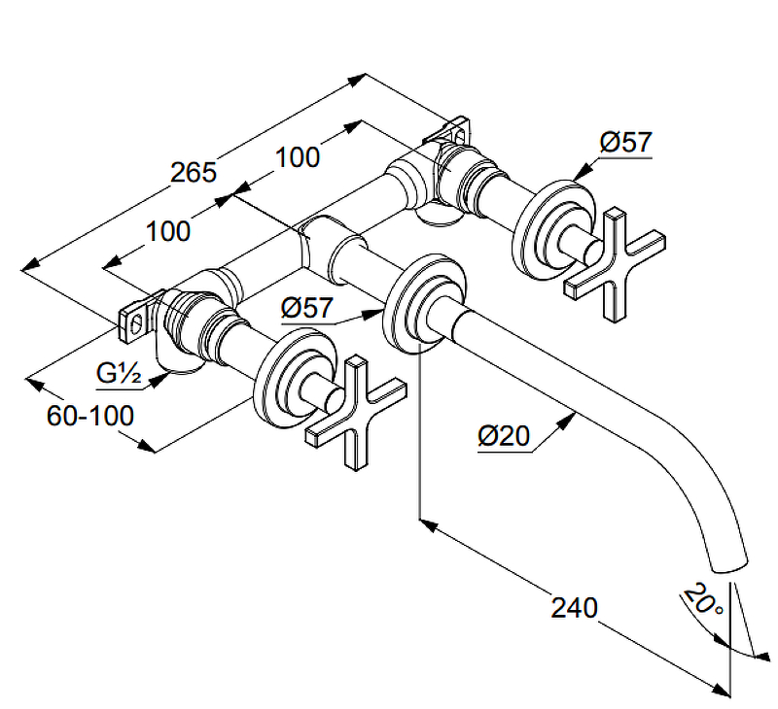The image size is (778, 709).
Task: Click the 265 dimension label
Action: pyautogui.click(x=193, y=173)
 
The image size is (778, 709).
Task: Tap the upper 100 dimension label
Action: pyautogui.click(x=298, y=156)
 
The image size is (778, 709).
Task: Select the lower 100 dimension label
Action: pyautogui.click(x=168, y=231)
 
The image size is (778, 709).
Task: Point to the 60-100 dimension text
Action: pyautogui.click(x=89, y=416)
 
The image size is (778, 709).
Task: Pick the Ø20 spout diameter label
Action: pyautogui.click(x=504, y=437)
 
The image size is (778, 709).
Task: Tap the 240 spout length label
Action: pyautogui.click(x=574, y=608)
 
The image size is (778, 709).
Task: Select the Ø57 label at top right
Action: pyautogui.click(x=624, y=143)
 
